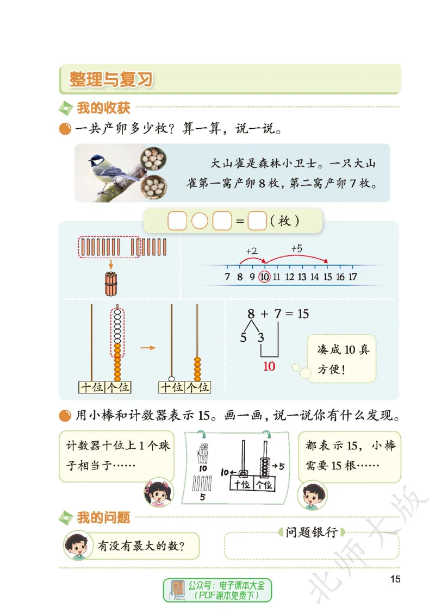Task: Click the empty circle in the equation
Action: (200, 222)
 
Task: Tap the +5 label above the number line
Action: (296, 248)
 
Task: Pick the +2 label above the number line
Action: (251, 252)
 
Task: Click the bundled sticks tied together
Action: (111, 284)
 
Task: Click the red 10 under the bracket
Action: (269, 366)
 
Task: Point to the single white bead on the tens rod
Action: (171, 378)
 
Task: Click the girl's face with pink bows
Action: (158, 492)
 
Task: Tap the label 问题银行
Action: (312, 532)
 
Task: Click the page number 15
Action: (395, 579)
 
